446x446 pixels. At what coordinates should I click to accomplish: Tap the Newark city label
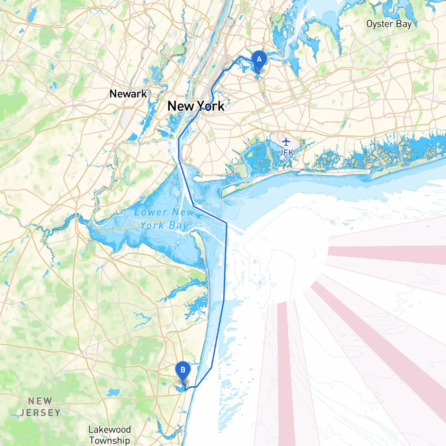pos(128,94)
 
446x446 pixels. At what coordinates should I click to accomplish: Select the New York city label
pos(196,106)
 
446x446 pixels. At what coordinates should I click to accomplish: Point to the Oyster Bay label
pos(389,24)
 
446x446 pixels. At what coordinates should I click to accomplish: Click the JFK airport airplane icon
pos(286,142)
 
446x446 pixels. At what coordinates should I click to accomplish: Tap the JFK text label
pos(286,152)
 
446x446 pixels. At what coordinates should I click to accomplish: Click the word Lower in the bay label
pos(151,212)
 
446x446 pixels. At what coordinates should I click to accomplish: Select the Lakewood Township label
pos(109,435)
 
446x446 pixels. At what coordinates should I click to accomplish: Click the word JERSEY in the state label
pos(40,413)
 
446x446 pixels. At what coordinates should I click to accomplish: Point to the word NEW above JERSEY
pos(40,401)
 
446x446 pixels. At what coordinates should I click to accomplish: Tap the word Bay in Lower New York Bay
pos(178,226)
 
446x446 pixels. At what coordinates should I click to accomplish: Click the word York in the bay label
pos(152,225)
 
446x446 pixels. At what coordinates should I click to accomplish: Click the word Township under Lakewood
pos(109,440)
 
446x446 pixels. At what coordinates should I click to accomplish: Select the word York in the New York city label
pos(211,106)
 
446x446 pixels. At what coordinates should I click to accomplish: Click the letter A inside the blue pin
pos(259,59)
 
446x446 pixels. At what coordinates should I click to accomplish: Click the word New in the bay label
pos(183,212)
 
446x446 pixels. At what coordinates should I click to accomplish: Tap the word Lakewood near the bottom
pos(109,430)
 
